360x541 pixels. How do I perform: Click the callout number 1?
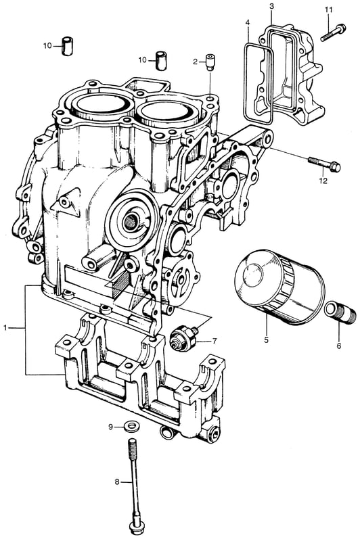[x=5, y=328]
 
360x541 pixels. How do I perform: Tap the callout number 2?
[x=196, y=62]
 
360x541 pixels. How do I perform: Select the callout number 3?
[x=271, y=6]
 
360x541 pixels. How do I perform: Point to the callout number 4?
[x=247, y=23]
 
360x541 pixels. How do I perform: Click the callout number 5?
[x=266, y=340]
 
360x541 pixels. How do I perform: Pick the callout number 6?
[x=338, y=346]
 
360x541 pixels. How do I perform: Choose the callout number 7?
[x=215, y=341]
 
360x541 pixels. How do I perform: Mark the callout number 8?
[x=117, y=481]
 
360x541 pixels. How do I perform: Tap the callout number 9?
[x=111, y=427]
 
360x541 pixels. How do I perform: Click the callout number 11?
[x=329, y=10]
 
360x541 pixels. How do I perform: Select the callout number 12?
[x=323, y=181]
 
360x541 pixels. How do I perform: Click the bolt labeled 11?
[x=333, y=32]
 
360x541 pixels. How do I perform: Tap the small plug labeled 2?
[x=210, y=62]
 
